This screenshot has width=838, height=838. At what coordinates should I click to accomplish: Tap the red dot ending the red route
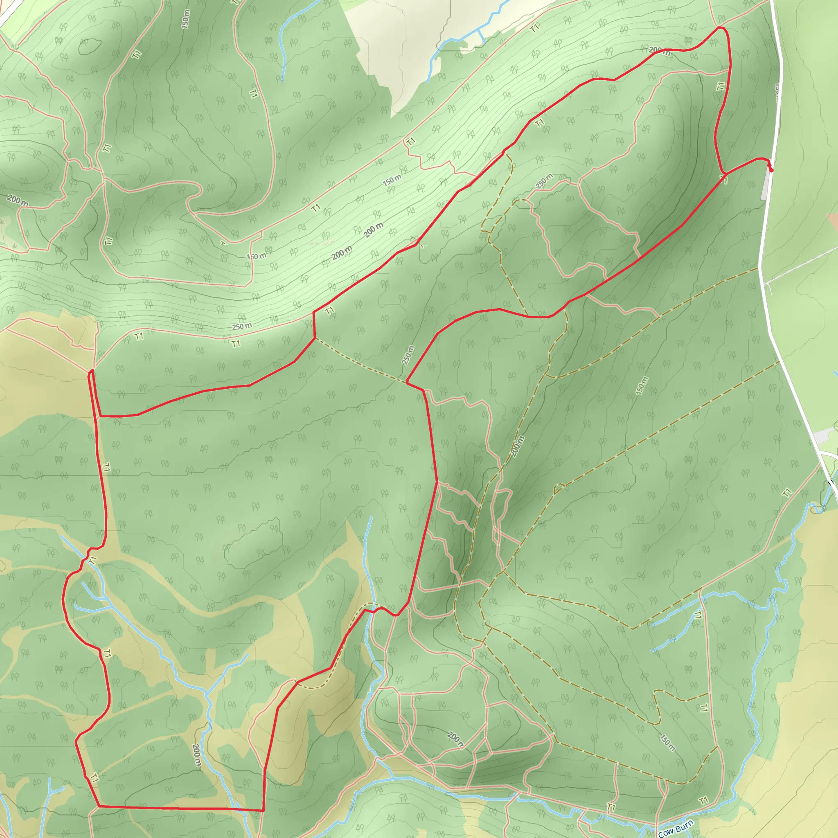tap(771, 170)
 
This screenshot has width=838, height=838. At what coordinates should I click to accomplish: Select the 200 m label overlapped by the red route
tap(660, 51)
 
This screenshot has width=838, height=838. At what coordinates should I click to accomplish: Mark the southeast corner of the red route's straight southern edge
tap(263, 810)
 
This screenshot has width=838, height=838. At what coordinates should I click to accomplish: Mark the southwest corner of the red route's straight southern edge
tap(99, 806)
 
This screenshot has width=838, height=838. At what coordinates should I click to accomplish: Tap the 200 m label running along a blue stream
tap(196, 755)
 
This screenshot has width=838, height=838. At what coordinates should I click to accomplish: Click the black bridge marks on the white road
tap(830, 483)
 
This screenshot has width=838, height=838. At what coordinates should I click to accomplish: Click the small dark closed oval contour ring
tap(90, 46)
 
